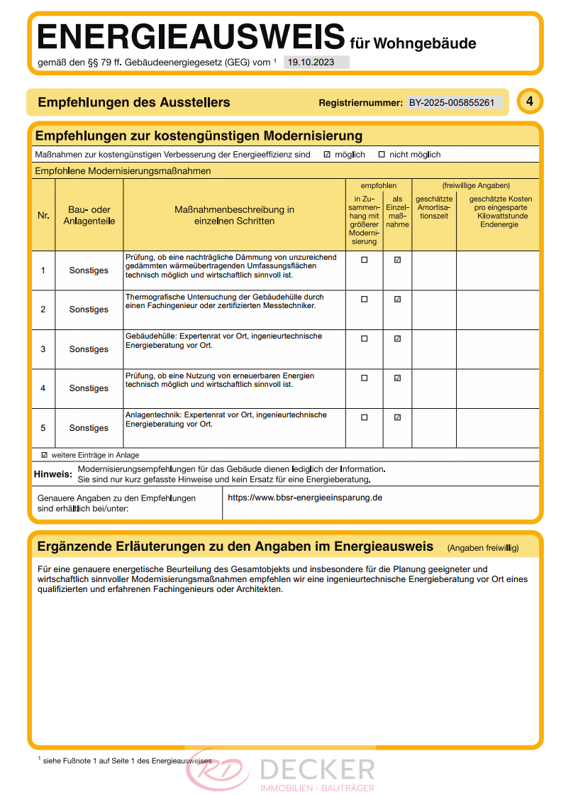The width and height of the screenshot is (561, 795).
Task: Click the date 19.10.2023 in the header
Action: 311,62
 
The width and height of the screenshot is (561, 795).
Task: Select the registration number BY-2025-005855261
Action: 452,103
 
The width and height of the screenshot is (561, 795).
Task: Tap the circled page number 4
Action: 529,102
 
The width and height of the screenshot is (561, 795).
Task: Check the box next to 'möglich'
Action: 326,155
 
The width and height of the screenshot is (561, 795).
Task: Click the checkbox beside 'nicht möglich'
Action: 382,155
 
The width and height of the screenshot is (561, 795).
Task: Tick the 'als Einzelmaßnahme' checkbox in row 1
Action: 397,260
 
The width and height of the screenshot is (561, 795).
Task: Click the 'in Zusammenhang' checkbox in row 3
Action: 365,339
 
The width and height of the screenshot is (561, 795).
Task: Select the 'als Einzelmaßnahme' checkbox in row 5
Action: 397,417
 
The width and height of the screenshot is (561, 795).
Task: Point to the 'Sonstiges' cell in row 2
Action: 89,309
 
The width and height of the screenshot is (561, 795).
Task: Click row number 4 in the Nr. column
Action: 43,388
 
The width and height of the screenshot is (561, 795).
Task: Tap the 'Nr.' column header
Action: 43,215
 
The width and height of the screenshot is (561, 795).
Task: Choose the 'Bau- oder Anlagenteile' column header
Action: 89,215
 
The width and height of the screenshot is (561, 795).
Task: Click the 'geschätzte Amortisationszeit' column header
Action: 433,207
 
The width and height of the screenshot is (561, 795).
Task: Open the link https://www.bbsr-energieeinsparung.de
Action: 305,498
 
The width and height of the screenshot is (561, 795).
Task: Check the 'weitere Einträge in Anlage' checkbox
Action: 45,455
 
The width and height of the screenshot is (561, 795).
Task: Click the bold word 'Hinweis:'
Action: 53,473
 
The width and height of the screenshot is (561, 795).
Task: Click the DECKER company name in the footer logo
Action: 317,769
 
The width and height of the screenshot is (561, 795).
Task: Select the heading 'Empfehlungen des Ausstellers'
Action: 134,102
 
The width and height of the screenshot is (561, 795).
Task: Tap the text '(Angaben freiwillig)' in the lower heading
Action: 483,548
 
